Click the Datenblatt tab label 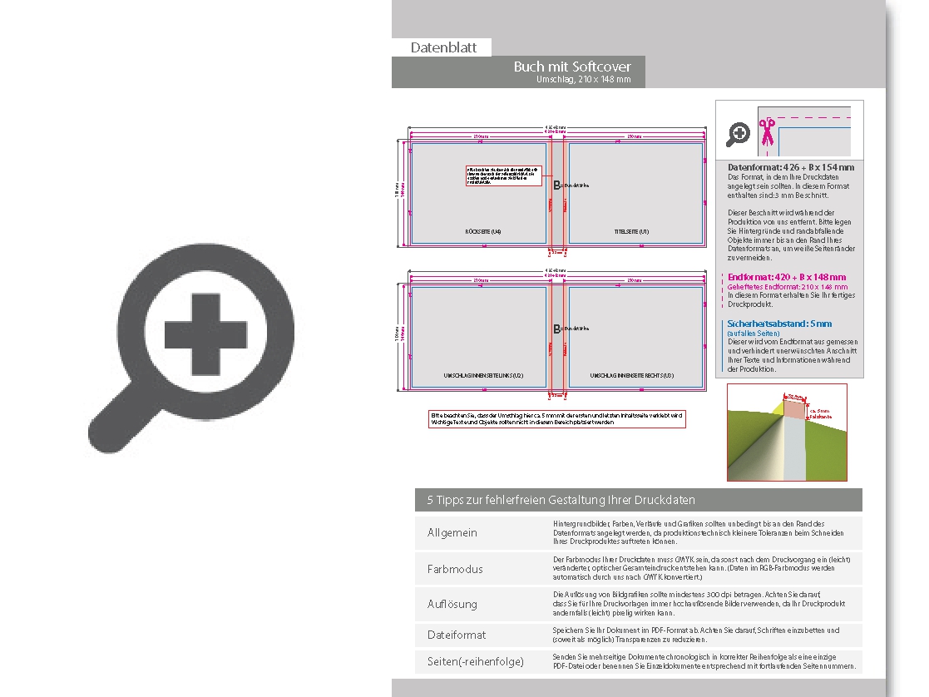point(443,47)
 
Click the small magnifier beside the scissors point(738,133)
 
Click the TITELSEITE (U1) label point(631,230)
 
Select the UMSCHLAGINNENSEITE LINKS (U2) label point(483,376)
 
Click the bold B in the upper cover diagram point(557,185)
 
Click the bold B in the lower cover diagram point(557,329)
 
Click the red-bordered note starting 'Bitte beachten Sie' point(556,418)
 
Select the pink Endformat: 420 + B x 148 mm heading point(787,277)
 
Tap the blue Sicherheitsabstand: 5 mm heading point(779,324)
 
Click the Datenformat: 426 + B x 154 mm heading point(790,167)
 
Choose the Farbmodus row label point(455,569)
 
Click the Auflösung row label point(452,604)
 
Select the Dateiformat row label point(457,635)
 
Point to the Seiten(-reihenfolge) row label point(476,661)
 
